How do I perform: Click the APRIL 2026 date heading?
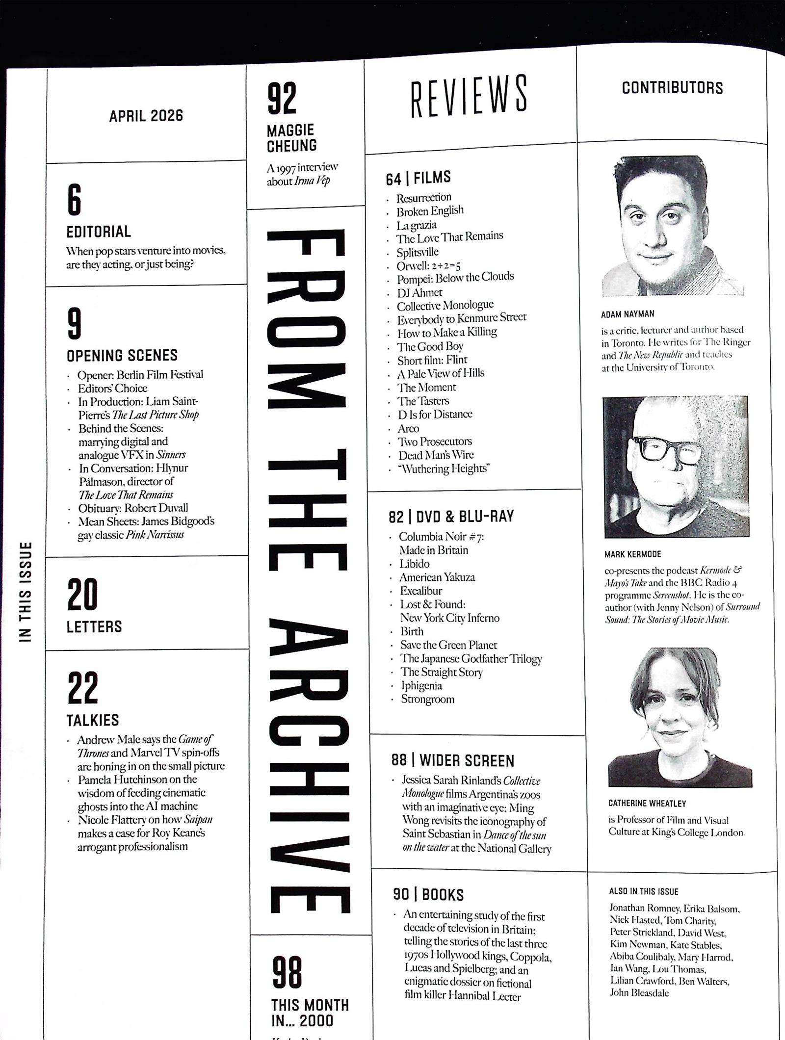click(146, 116)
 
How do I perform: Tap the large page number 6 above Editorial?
click(74, 200)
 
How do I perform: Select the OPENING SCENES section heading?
click(122, 355)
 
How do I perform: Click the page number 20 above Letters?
click(82, 594)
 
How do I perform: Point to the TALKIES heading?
click(93, 720)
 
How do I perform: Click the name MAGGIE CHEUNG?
click(291, 138)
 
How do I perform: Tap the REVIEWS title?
click(469, 96)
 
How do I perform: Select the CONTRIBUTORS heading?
click(672, 88)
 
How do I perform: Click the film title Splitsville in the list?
click(418, 252)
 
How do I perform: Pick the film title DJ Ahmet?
click(419, 293)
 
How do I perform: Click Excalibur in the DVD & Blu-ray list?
click(421, 591)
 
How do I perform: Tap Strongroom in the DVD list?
click(427, 699)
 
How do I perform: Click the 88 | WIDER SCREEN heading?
click(452, 760)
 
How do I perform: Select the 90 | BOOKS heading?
click(428, 894)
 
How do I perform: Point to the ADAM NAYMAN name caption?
click(628, 314)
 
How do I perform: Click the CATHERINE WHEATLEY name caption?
click(647, 803)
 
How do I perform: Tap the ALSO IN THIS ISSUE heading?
click(643, 891)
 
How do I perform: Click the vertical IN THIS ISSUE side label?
click(25, 591)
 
